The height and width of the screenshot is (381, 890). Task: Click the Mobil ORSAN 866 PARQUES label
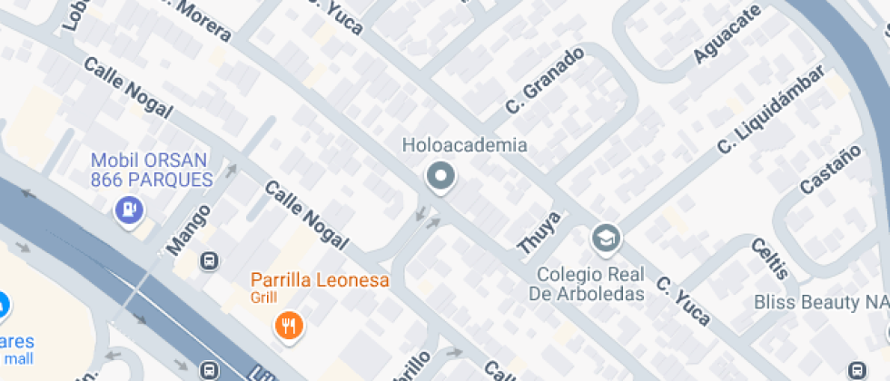[151, 170]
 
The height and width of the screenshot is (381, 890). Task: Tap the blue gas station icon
[129, 210]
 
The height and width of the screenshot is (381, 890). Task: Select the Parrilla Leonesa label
[320, 279]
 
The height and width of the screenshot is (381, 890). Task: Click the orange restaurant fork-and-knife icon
[289, 324]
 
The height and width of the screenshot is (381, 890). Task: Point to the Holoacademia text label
[464, 145]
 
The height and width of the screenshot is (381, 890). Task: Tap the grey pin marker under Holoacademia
[441, 177]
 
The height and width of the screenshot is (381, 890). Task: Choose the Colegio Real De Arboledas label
[589, 283]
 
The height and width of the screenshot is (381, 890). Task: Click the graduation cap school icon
[603, 239]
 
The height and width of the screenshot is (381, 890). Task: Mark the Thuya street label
[539, 232]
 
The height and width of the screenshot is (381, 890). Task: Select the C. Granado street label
[544, 81]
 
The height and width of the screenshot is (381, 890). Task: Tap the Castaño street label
[830, 170]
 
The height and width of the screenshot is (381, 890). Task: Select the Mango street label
[190, 229]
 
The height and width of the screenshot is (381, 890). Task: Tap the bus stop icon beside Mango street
[210, 261]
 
